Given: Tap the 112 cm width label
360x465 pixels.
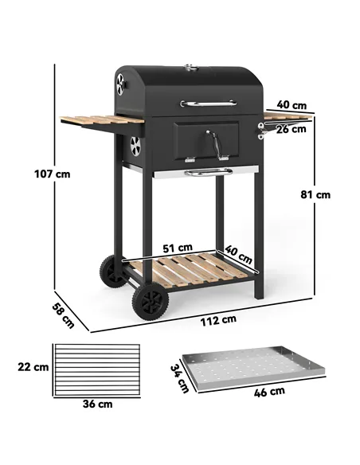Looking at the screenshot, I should (217, 319).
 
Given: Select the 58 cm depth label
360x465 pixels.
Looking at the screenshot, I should (63, 315).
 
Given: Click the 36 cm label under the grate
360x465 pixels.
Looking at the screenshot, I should (96, 404).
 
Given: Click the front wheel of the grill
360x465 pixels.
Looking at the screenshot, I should (149, 303).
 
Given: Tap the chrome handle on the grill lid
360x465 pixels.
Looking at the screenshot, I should (208, 103).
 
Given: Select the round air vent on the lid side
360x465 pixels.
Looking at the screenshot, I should (122, 84).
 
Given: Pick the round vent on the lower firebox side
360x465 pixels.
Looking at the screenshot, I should (135, 146).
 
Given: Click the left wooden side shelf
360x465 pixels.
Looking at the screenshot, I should (102, 122).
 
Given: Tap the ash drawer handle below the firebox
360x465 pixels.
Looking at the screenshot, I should (208, 172).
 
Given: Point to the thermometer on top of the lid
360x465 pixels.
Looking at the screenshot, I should (190, 68).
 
